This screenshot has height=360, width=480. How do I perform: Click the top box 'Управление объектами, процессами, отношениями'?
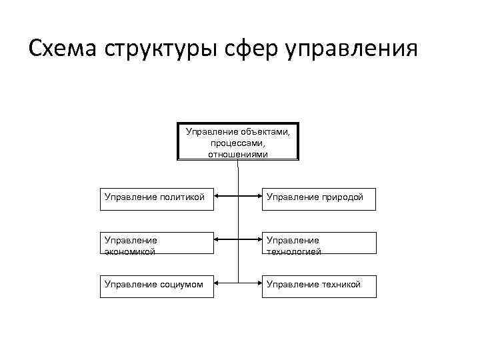pos(238,141)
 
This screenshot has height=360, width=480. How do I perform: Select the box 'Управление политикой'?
pos(157,199)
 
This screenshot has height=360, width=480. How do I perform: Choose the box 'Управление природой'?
pos(319,199)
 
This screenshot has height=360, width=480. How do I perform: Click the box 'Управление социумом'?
pos(157,286)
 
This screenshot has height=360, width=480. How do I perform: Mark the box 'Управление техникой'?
pos(319,286)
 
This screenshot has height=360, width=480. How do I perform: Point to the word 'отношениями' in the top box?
pos(238,154)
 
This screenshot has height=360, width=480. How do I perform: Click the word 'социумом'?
pos(181,284)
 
